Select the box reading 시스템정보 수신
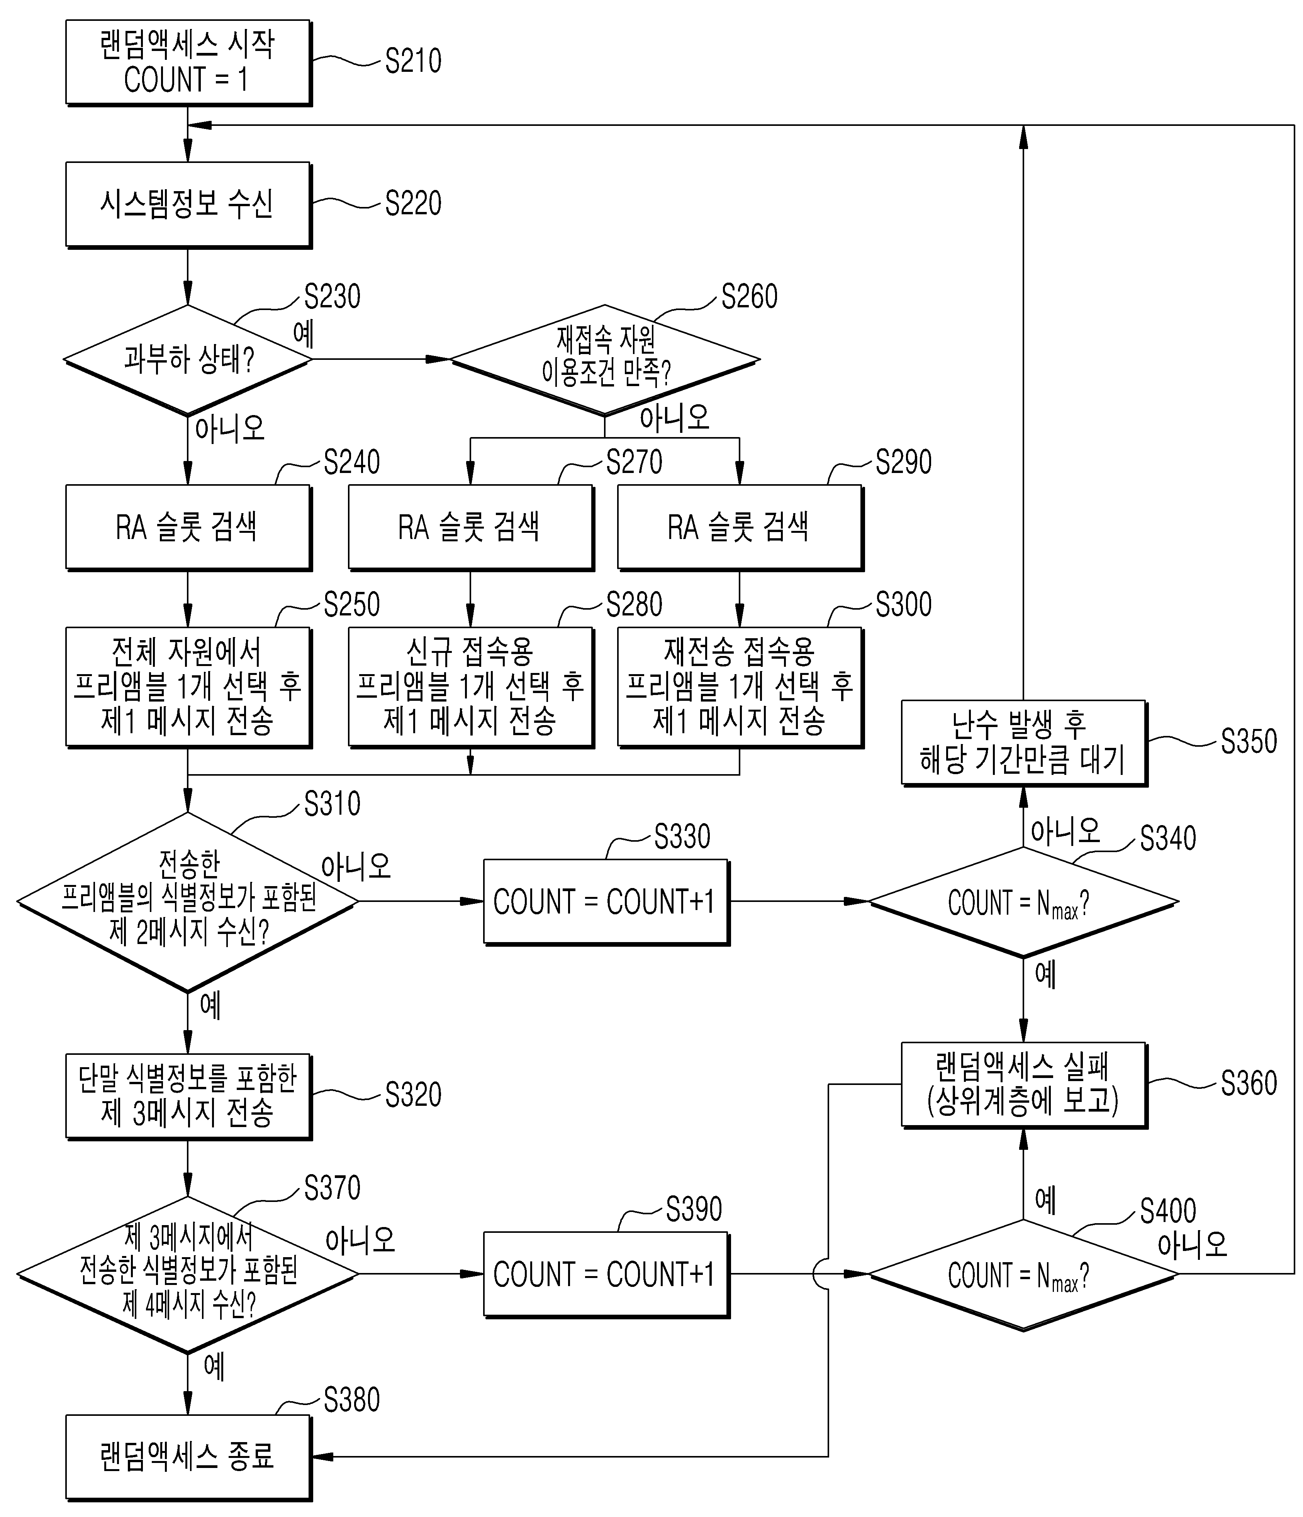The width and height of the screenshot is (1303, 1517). pos(188,204)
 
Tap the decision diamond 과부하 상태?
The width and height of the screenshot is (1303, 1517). pos(188,359)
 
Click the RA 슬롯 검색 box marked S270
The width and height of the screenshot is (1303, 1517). pos(470,527)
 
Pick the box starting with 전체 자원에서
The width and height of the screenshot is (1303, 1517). pos(188,687)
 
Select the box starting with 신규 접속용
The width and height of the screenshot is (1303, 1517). pos(470,687)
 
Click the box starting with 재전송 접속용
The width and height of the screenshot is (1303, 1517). pos(740,687)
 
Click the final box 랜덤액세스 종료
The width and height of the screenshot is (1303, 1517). pos(188,1458)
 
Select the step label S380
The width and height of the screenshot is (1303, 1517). pos(351,1400)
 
